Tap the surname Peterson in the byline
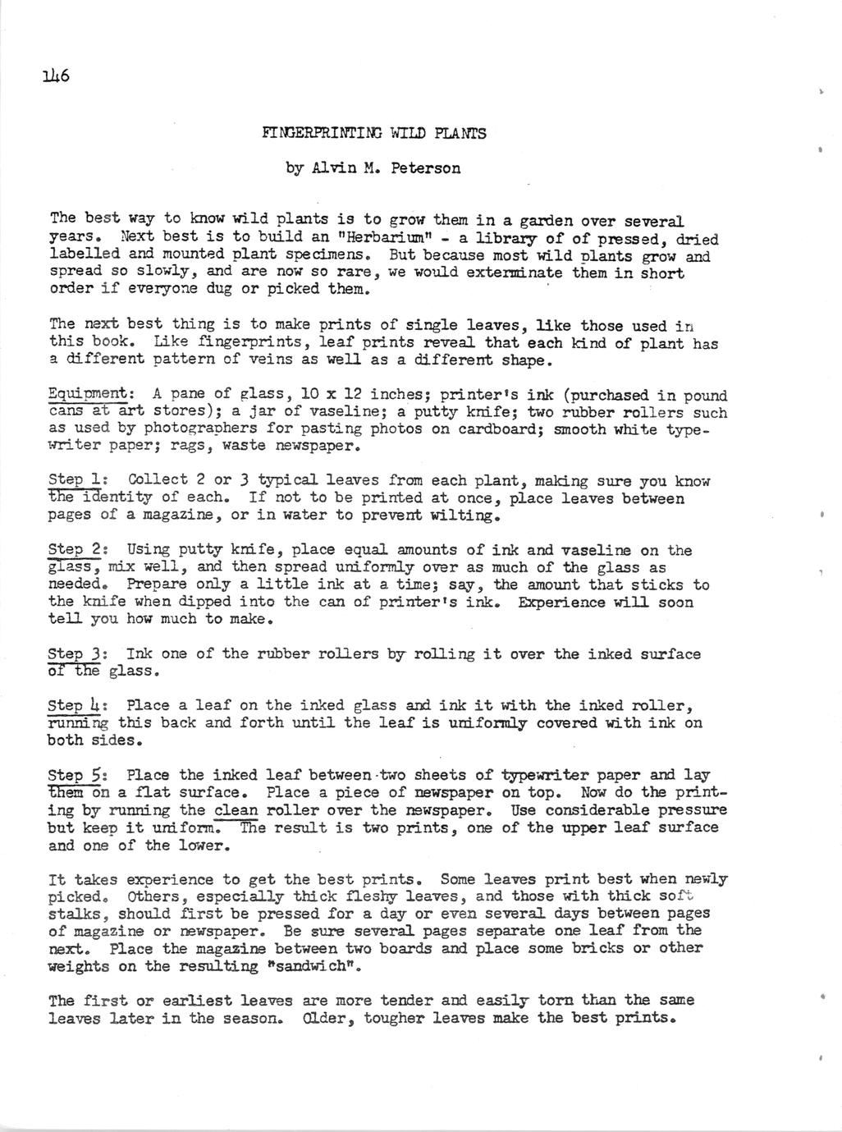pyautogui.click(x=425, y=169)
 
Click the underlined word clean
pyautogui.click(x=236, y=810)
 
